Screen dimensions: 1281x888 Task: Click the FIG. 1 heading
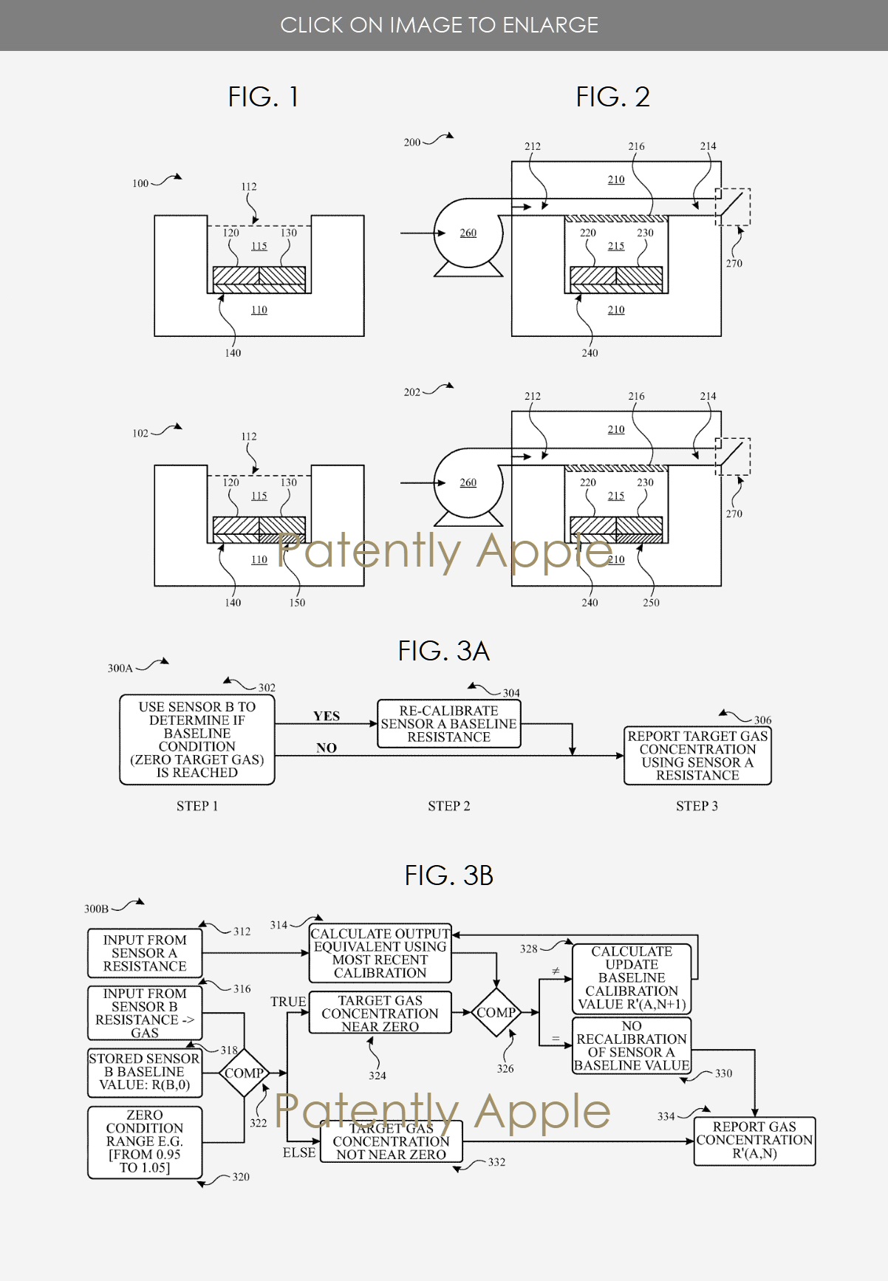coord(263,97)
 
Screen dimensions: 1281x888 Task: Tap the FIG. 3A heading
coord(443,651)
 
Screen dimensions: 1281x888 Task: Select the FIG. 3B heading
coord(448,875)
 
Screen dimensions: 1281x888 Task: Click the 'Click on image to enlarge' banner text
coord(440,25)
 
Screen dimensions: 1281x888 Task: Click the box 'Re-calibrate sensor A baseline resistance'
coord(448,724)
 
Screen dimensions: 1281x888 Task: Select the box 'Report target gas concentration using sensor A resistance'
coord(697,755)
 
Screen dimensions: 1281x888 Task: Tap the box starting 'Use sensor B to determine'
coord(197,739)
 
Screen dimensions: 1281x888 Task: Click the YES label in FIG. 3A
coord(327,716)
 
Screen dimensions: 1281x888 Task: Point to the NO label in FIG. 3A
coord(327,748)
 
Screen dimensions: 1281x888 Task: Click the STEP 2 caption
coord(448,806)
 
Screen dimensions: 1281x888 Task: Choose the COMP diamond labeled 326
coord(496,1012)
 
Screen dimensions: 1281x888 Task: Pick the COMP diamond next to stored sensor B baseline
coord(244,1073)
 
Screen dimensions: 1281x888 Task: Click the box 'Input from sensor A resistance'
coord(145,953)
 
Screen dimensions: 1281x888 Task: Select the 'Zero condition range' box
coord(145,1141)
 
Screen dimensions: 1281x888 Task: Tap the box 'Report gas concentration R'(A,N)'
coord(754,1141)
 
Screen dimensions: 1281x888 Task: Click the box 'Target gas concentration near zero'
coord(380,1013)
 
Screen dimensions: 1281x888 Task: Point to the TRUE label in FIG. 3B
coord(288,1002)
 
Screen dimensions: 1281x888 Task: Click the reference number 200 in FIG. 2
coord(412,143)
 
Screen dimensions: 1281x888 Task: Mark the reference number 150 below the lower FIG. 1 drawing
coord(297,603)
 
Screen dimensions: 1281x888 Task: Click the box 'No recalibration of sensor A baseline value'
coord(632,1045)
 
